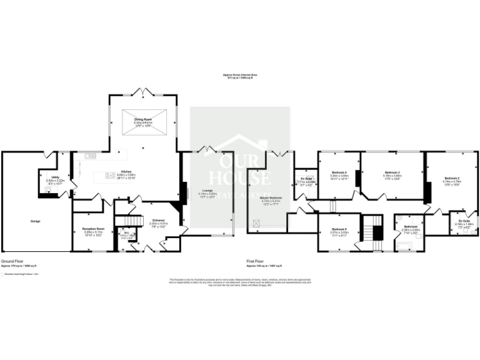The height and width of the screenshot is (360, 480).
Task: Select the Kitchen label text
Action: coord(126,171)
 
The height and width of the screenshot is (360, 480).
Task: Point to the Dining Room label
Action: coord(144,119)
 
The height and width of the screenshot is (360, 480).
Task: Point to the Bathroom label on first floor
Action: coord(410,226)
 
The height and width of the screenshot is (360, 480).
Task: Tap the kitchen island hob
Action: coord(109,175)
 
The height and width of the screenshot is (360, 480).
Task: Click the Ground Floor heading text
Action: coord(12,262)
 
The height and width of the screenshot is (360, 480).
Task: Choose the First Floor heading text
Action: coord(258,262)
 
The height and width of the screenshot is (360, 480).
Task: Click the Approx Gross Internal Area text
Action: coord(240,74)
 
